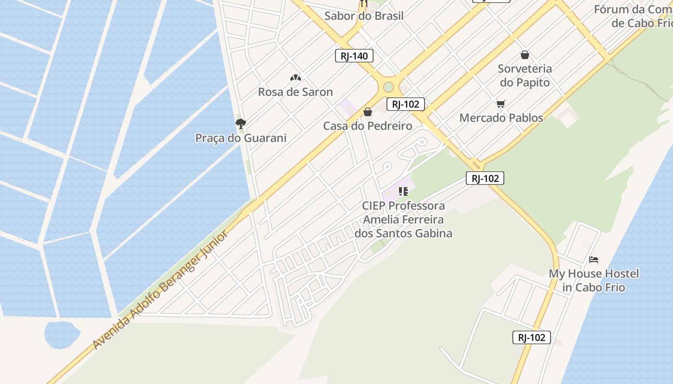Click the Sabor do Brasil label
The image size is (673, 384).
(364, 15)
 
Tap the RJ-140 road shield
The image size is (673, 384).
(354, 56)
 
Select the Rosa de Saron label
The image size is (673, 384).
(295, 92)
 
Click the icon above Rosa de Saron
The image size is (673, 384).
(295, 78)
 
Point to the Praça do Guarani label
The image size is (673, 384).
(240, 138)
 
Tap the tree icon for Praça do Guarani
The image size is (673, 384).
(240, 124)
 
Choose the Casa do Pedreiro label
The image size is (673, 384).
(367, 126)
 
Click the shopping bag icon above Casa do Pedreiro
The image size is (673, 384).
(368, 112)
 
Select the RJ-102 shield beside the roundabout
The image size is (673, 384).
(405, 104)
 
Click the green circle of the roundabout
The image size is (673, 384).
(388, 87)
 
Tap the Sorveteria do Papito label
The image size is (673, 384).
(524, 75)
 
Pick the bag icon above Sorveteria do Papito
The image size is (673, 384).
(524, 55)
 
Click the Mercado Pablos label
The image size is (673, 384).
(501, 118)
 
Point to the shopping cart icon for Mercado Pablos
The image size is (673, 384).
(501, 104)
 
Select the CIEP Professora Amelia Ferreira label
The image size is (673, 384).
(403, 219)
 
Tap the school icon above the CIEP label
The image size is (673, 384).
(403, 192)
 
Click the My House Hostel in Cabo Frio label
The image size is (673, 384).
(594, 280)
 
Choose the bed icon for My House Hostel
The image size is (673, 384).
(594, 260)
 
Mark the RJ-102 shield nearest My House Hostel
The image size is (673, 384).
(531, 337)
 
